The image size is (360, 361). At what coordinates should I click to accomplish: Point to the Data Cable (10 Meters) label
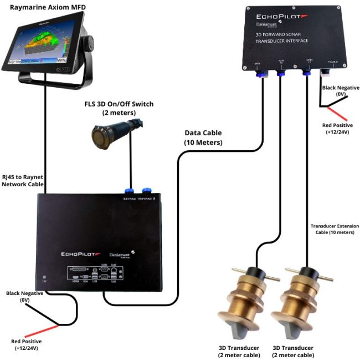coord(203,138)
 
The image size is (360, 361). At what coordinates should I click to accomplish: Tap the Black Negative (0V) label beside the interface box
coord(341,91)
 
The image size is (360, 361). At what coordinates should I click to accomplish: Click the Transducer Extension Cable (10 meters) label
coord(335,229)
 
